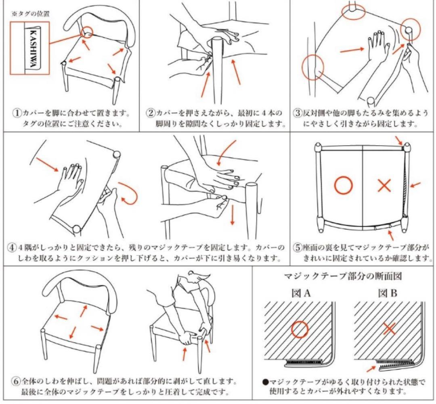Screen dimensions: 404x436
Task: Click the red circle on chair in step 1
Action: [86, 32]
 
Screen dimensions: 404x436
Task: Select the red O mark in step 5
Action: [343, 185]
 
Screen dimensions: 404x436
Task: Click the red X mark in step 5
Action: [384, 185]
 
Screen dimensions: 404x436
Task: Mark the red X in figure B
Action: [389, 329]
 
